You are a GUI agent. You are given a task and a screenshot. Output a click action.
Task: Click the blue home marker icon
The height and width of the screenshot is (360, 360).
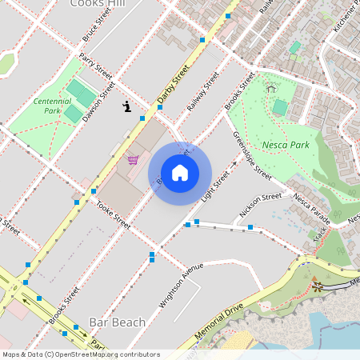pyautogui.click(x=180, y=173)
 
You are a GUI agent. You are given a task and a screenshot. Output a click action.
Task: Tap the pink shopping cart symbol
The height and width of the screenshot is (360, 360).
pyautogui.click(x=133, y=159)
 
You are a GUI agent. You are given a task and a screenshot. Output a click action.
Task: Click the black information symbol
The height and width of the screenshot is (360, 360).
pyautogui.click(x=126, y=106)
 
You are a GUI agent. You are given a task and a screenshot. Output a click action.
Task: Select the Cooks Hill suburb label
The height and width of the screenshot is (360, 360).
pyautogui.click(x=99, y=5)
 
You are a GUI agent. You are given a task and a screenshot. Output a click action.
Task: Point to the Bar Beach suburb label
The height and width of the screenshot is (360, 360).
pyautogui.click(x=118, y=322)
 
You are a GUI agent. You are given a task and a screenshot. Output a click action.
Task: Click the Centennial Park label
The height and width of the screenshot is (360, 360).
pyautogui.click(x=53, y=106)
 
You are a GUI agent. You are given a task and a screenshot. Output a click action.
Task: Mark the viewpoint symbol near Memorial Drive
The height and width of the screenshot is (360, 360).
pyautogui.click(x=318, y=283)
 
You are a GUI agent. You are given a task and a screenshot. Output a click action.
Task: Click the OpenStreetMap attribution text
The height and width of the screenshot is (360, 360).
pyautogui.click(x=80, y=354)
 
